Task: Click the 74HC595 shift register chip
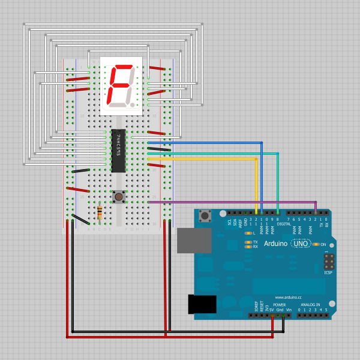coord(118,151)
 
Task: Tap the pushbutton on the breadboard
coord(119,196)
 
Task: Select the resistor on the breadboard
coord(99,212)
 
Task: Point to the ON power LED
coord(316,244)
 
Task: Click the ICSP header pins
coord(328,262)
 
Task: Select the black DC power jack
coord(202,304)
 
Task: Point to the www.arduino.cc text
coord(288,297)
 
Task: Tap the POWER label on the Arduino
coord(280,304)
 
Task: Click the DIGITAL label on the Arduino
coord(284,224)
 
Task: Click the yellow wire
coord(204,159)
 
